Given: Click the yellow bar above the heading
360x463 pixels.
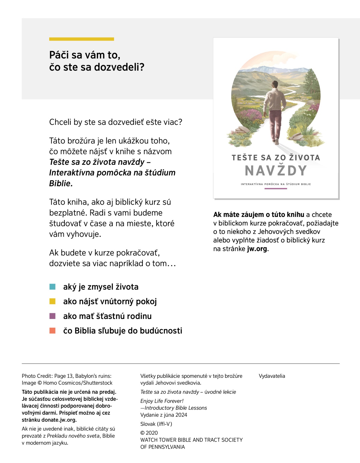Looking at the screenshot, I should coord(82,39).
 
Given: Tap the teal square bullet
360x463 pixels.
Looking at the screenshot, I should coord(52,287).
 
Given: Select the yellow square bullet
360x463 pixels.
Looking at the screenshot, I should coord(52,301).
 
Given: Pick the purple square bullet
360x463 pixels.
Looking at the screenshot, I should coord(52,316).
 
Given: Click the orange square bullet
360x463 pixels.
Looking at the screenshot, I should coord(52,331).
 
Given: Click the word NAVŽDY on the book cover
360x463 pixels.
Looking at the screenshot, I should coord(276,171).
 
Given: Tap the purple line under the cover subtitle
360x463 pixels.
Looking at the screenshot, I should coord(276,189).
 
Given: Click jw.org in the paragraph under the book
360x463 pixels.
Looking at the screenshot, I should coord(257,249).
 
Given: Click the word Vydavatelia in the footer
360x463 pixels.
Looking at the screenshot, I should coord(272,376).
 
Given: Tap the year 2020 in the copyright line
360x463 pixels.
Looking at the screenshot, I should coord(152,433).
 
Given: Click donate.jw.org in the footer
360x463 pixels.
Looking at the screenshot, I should coord(59,420).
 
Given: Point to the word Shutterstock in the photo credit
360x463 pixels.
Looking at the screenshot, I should coord(98,383).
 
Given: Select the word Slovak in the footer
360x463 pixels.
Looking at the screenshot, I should coord(148,424).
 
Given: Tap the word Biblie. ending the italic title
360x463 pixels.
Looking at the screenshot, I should coord(61,183).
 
